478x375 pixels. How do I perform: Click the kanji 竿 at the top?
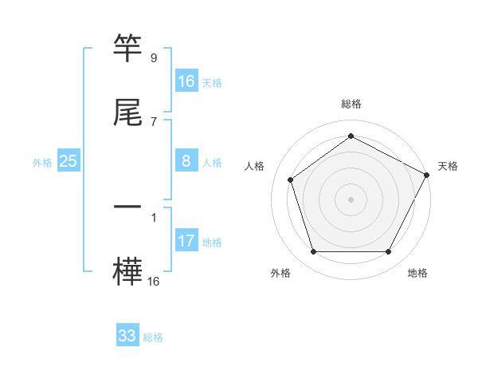point(128,49)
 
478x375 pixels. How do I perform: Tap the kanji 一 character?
point(128,206)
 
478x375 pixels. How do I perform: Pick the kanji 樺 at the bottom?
point(128,269)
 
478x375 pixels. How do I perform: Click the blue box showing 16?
point(186,81)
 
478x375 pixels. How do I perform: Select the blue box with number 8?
point(186,161)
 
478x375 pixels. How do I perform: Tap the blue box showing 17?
point(186,241)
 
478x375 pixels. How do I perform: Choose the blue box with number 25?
point(68,161)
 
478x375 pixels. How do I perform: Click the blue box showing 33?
point(127,336)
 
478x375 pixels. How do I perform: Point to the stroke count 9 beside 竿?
point(154,58)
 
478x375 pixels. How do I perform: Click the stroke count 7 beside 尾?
point(154,121)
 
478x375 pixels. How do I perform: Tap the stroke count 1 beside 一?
point(154,216)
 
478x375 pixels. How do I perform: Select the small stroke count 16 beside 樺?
point(154,280)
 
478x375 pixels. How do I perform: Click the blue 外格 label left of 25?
point(42,162)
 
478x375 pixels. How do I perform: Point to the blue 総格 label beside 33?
point(153,337)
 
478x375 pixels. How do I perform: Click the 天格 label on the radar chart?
point(448,166)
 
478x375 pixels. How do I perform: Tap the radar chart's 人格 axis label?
point(255,166)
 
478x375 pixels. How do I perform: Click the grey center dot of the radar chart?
point(351,199)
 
